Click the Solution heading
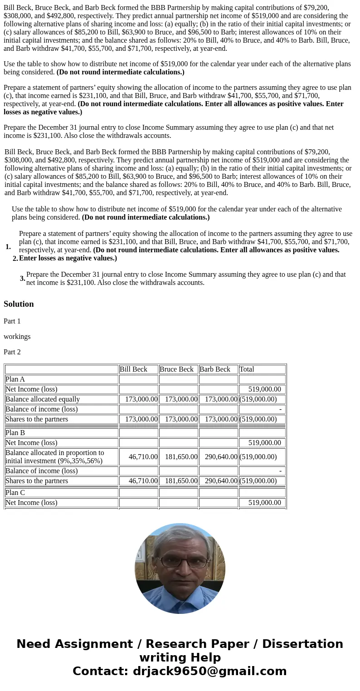point(19,304)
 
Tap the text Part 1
point(12,321)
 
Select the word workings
point(17,337)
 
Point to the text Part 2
point(12,352)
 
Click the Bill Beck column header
point(133,369)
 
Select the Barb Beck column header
point(215,369)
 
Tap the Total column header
point(247,369)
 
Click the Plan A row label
point(15,379)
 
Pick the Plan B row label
point(15,433)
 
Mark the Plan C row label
point(15,493)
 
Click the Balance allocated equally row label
point(43,399)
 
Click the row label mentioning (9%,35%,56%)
point(54,457)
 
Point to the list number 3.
point(22,279)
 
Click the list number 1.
point(8,247)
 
